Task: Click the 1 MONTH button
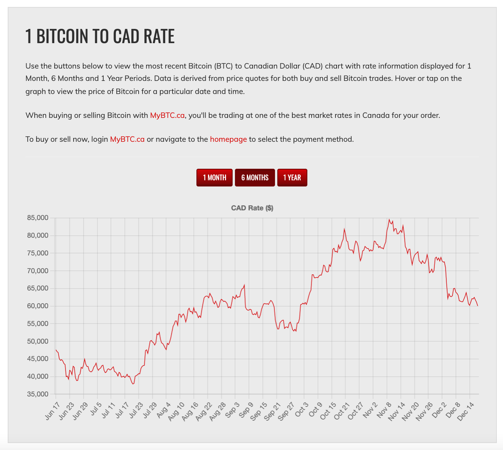click(215, 178)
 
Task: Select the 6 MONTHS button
click(255, 178)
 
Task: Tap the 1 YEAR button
click(292, 178)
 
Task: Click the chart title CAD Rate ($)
click(252, 208)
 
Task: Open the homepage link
click(228, 139)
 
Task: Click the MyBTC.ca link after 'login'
click(127, 139)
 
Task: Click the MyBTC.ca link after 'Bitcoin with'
click(167, 115)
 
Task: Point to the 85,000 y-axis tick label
click(37, 218)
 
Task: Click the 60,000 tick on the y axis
click(37, 306)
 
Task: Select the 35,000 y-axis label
click(37, 394)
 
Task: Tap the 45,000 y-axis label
click(37, 359)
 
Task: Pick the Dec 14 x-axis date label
click(465, 410)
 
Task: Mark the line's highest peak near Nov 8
click(389, 220)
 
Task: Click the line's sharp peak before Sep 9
click(245, 285)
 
